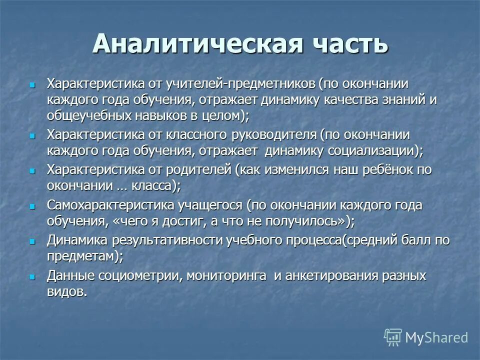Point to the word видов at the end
[65, 291]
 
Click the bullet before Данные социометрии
[33, 276]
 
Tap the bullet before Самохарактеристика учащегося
[33, 205]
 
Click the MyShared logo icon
[393, 337]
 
